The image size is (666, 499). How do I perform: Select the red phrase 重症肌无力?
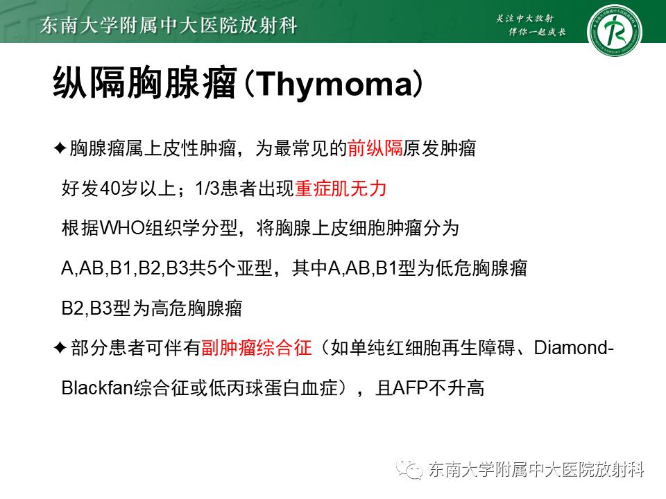[x=340, y=189]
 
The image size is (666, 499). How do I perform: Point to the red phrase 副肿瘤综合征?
[x=256, y=348]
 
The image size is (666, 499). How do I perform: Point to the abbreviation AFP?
[x=411, y=388]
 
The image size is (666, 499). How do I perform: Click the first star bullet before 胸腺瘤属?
[x=60, y=148]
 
